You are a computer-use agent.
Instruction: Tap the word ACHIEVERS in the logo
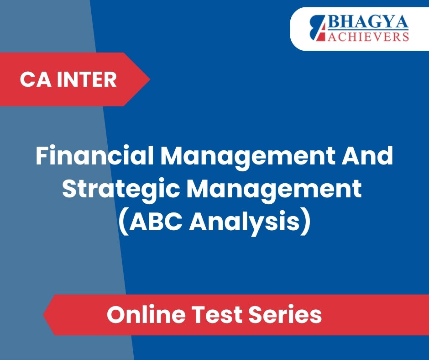pos(368,37)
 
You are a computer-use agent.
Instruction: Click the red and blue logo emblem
pos(318,28)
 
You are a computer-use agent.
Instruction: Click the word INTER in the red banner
pos(86,79)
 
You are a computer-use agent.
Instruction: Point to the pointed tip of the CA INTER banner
pos(150,79)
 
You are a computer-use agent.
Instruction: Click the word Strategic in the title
pos(120,190)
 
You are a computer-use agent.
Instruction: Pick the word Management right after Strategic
pos(274,190)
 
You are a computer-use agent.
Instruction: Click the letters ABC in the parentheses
pos(156,222)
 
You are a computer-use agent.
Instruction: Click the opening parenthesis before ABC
pos(124,222)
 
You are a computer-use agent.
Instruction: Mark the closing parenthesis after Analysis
pos(306,222)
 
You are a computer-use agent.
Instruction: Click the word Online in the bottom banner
pos(146,314)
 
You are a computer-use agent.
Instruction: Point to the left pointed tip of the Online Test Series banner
pos(43,315)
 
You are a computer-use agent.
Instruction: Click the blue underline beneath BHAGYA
pos(368,30)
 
